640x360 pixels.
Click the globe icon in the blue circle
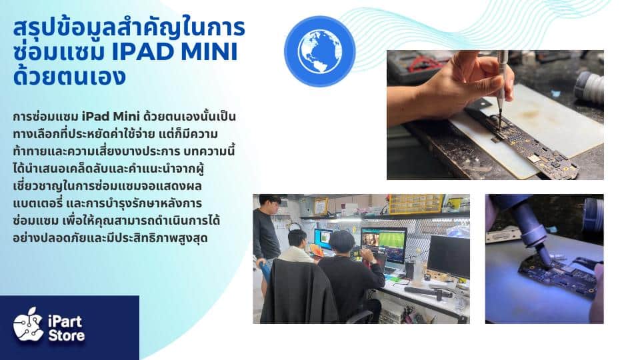(x=319, y=51)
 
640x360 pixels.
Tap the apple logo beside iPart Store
(x=28, y=325)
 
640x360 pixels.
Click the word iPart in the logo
(x=65, y=321)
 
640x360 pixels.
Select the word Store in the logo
(x=67, y=336)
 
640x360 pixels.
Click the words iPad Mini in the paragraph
(x=111, y=116)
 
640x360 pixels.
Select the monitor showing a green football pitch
(x=384, y=244)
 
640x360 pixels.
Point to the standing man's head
(x=270, y=203)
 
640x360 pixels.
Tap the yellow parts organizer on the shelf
(x=416, y=204)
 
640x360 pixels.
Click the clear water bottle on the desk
(x=417, y=268)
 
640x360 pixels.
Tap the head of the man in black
(x=342, y=241)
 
